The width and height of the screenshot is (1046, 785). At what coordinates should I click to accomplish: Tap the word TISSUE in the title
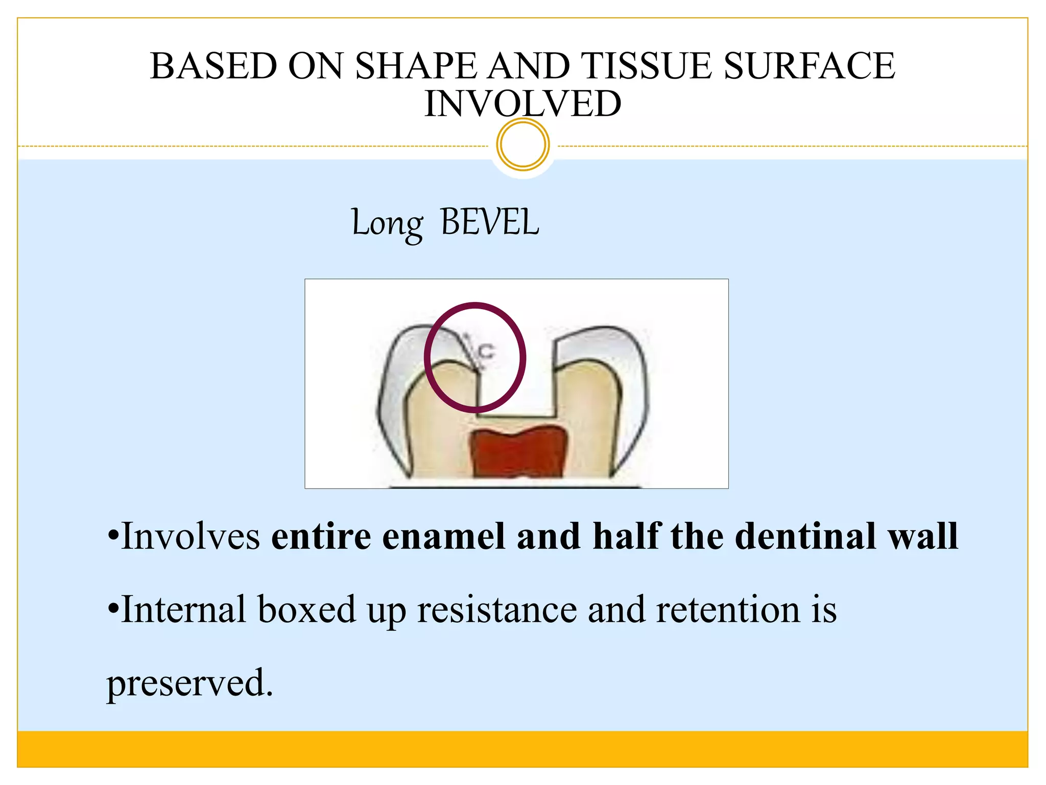point(646,66)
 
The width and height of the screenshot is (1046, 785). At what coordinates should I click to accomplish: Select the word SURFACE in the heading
point(809,66)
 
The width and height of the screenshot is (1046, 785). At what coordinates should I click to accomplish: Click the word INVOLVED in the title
point(522,104)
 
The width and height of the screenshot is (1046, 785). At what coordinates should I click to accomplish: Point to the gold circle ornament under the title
point(522,144)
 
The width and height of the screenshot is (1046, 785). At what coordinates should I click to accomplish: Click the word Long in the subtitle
point(387,224)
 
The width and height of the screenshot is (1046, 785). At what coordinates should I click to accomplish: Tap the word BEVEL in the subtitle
point(489,223)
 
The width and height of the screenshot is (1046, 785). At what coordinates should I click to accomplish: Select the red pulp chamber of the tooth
point(518,453)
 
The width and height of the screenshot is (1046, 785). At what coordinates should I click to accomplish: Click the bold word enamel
point(444,537)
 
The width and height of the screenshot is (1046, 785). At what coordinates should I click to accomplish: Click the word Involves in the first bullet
point(191,537)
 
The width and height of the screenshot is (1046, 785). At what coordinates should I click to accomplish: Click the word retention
point(728,610)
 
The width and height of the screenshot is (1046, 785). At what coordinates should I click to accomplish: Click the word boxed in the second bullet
point(306,610)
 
